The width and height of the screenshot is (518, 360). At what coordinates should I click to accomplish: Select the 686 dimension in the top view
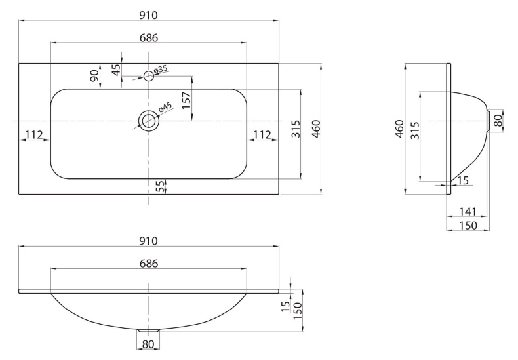[x=149, y=38]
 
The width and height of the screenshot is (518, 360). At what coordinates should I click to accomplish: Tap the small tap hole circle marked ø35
[x=149, y=76]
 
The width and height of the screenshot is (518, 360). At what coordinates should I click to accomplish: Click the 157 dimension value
[x=186, y=100]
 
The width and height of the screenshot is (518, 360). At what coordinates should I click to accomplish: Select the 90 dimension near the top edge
[x=94, y=76]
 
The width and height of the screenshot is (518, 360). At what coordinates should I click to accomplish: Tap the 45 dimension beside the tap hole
[x=116, y=70]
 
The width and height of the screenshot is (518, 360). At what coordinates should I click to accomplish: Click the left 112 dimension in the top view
[x=34, y=135]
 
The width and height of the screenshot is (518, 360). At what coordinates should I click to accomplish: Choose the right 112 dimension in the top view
[x=262, y=135]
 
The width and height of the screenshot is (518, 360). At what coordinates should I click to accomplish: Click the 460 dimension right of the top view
[x=315, y=129]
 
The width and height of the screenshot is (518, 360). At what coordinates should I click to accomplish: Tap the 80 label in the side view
[x=498, y=121]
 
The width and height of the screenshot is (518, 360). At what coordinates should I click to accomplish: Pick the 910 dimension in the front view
[x=149, y=241]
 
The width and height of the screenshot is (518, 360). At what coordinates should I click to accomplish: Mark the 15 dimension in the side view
[x=463, y=181]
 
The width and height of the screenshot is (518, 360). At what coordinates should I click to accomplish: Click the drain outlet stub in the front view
[x=149, y=330]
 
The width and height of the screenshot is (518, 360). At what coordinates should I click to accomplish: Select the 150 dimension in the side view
[x=468, y=225]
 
